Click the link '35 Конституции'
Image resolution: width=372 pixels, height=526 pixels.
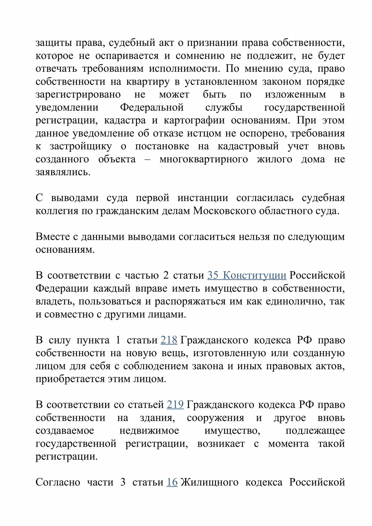(246, 275)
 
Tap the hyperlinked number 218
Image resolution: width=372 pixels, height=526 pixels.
(169, 340)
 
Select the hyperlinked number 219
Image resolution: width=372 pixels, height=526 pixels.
(175, 405)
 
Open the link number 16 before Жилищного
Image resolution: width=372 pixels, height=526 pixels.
(172, 482)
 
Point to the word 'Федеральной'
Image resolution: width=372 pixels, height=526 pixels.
(152, 107)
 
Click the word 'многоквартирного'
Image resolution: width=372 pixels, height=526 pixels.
(203, 159)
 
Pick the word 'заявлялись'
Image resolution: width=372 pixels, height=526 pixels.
(62, 172)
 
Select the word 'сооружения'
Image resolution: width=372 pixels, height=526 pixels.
(215, 418)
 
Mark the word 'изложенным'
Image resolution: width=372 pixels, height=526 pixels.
(295, 95)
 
